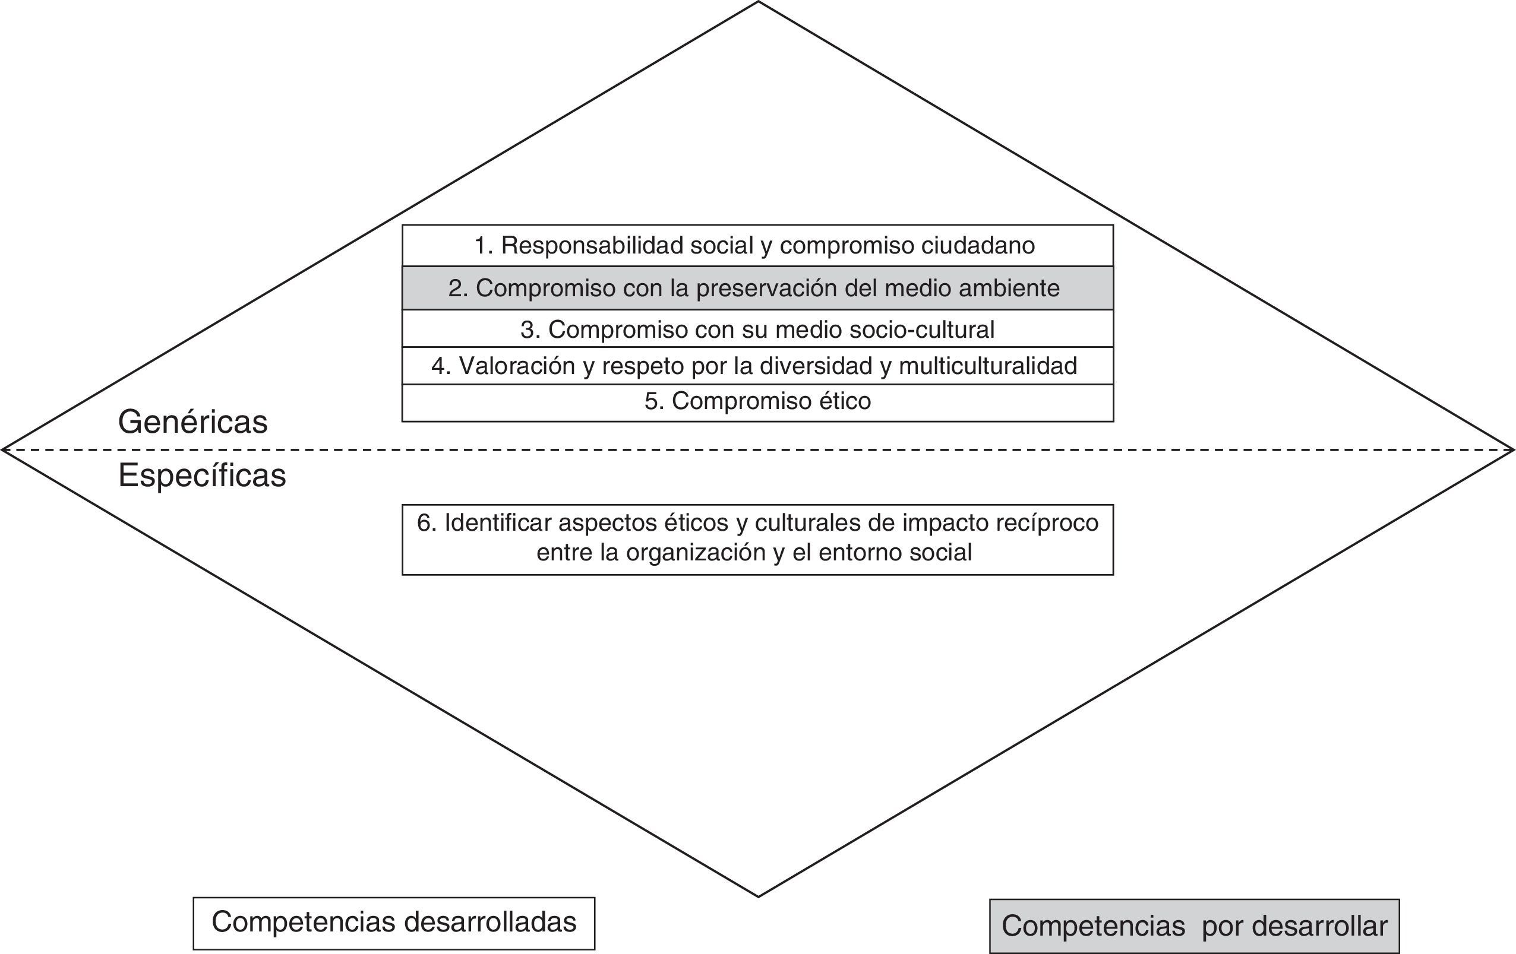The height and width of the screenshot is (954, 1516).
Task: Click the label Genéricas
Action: pos(192,421)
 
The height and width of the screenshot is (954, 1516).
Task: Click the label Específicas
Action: pos(201,476)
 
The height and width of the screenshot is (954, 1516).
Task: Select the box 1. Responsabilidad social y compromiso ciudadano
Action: pos(757,245)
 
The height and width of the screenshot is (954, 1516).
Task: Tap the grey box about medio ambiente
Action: pos(757,288)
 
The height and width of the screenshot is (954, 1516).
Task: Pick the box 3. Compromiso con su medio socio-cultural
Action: pos(757,329)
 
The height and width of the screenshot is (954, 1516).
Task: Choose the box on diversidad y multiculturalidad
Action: pos(757,366)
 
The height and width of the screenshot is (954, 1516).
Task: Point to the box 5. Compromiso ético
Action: pos(757,401)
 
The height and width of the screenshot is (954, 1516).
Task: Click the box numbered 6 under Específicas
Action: pos(757,538)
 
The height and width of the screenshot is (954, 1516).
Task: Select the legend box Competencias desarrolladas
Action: pos(393,923)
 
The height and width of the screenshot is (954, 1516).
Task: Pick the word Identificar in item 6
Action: pos(498,523)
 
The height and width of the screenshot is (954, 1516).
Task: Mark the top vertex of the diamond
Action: pos(759,2)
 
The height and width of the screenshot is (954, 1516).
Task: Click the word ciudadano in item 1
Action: pos(978,245)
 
